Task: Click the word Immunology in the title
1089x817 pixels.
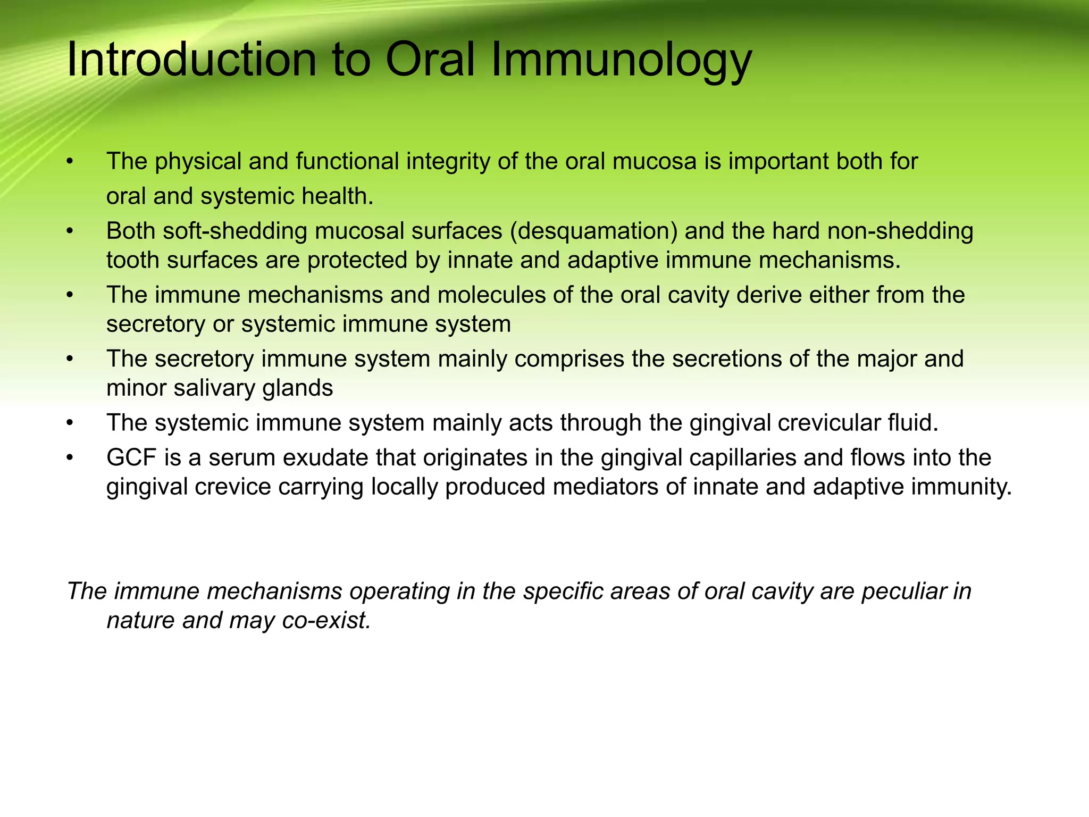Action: [x=621, y=60]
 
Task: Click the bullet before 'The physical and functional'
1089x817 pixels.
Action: [x=69, y=162]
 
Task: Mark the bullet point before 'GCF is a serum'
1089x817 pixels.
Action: [x=69, y=457]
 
